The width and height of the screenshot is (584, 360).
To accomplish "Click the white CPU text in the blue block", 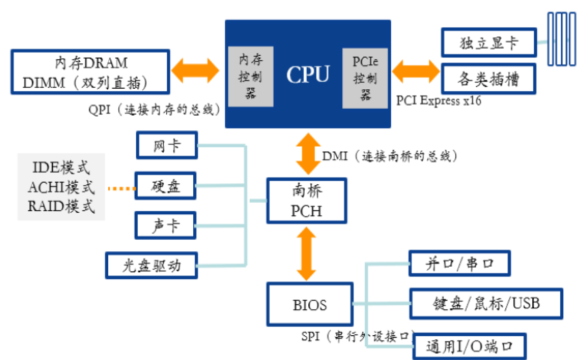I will [x=308, y=74].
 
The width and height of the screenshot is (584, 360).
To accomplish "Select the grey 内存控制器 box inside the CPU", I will [x=251, y=75].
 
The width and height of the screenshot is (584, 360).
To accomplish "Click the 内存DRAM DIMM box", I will [x=90, y=72].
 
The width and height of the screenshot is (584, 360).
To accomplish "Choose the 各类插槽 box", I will [x=488, y=80].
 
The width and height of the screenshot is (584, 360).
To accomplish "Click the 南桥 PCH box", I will [x=307, y=201].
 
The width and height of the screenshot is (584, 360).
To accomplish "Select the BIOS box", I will [x=309, y=305].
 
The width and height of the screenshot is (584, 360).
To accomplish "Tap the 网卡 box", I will [x=167, y=146].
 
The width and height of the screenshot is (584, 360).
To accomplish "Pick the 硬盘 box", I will [x=166, y=186].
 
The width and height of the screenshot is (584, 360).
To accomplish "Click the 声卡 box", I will [x=166, y=225].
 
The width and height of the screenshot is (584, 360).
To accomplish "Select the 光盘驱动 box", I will [x=152, y=265].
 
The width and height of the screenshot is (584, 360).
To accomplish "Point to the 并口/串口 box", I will [x=459, y=262].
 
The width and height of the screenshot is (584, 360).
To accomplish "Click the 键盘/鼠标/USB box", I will [x=486, y=303].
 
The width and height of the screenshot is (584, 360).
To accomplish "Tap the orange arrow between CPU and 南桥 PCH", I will [x=309, y=154].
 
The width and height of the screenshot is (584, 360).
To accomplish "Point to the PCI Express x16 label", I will [x=439, y=101].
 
